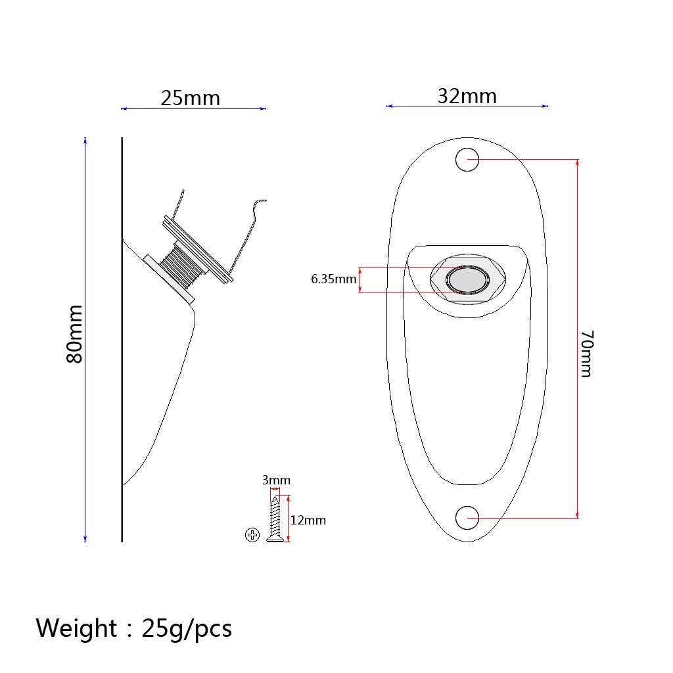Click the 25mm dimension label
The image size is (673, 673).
[190, 99]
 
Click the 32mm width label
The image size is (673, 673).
[467, 96]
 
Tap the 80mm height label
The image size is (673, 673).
[75, 335]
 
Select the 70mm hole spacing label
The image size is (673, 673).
[587, 354]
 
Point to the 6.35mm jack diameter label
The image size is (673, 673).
[333, 279]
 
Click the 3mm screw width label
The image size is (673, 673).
[276, 480]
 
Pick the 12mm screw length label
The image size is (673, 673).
[308, 521]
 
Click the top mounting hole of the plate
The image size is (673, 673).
[467, 160]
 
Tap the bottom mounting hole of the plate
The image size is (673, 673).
[467, 518]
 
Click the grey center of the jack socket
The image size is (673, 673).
[467, 279]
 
